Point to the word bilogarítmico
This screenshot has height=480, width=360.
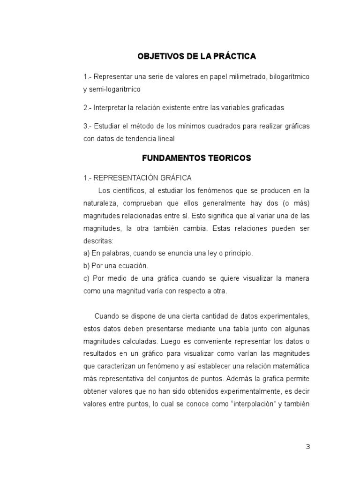point(289,76)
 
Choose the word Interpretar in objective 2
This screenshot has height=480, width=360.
point(110,108)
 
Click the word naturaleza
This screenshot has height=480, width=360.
point(101,203)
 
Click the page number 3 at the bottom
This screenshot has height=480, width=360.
point(308,447)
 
